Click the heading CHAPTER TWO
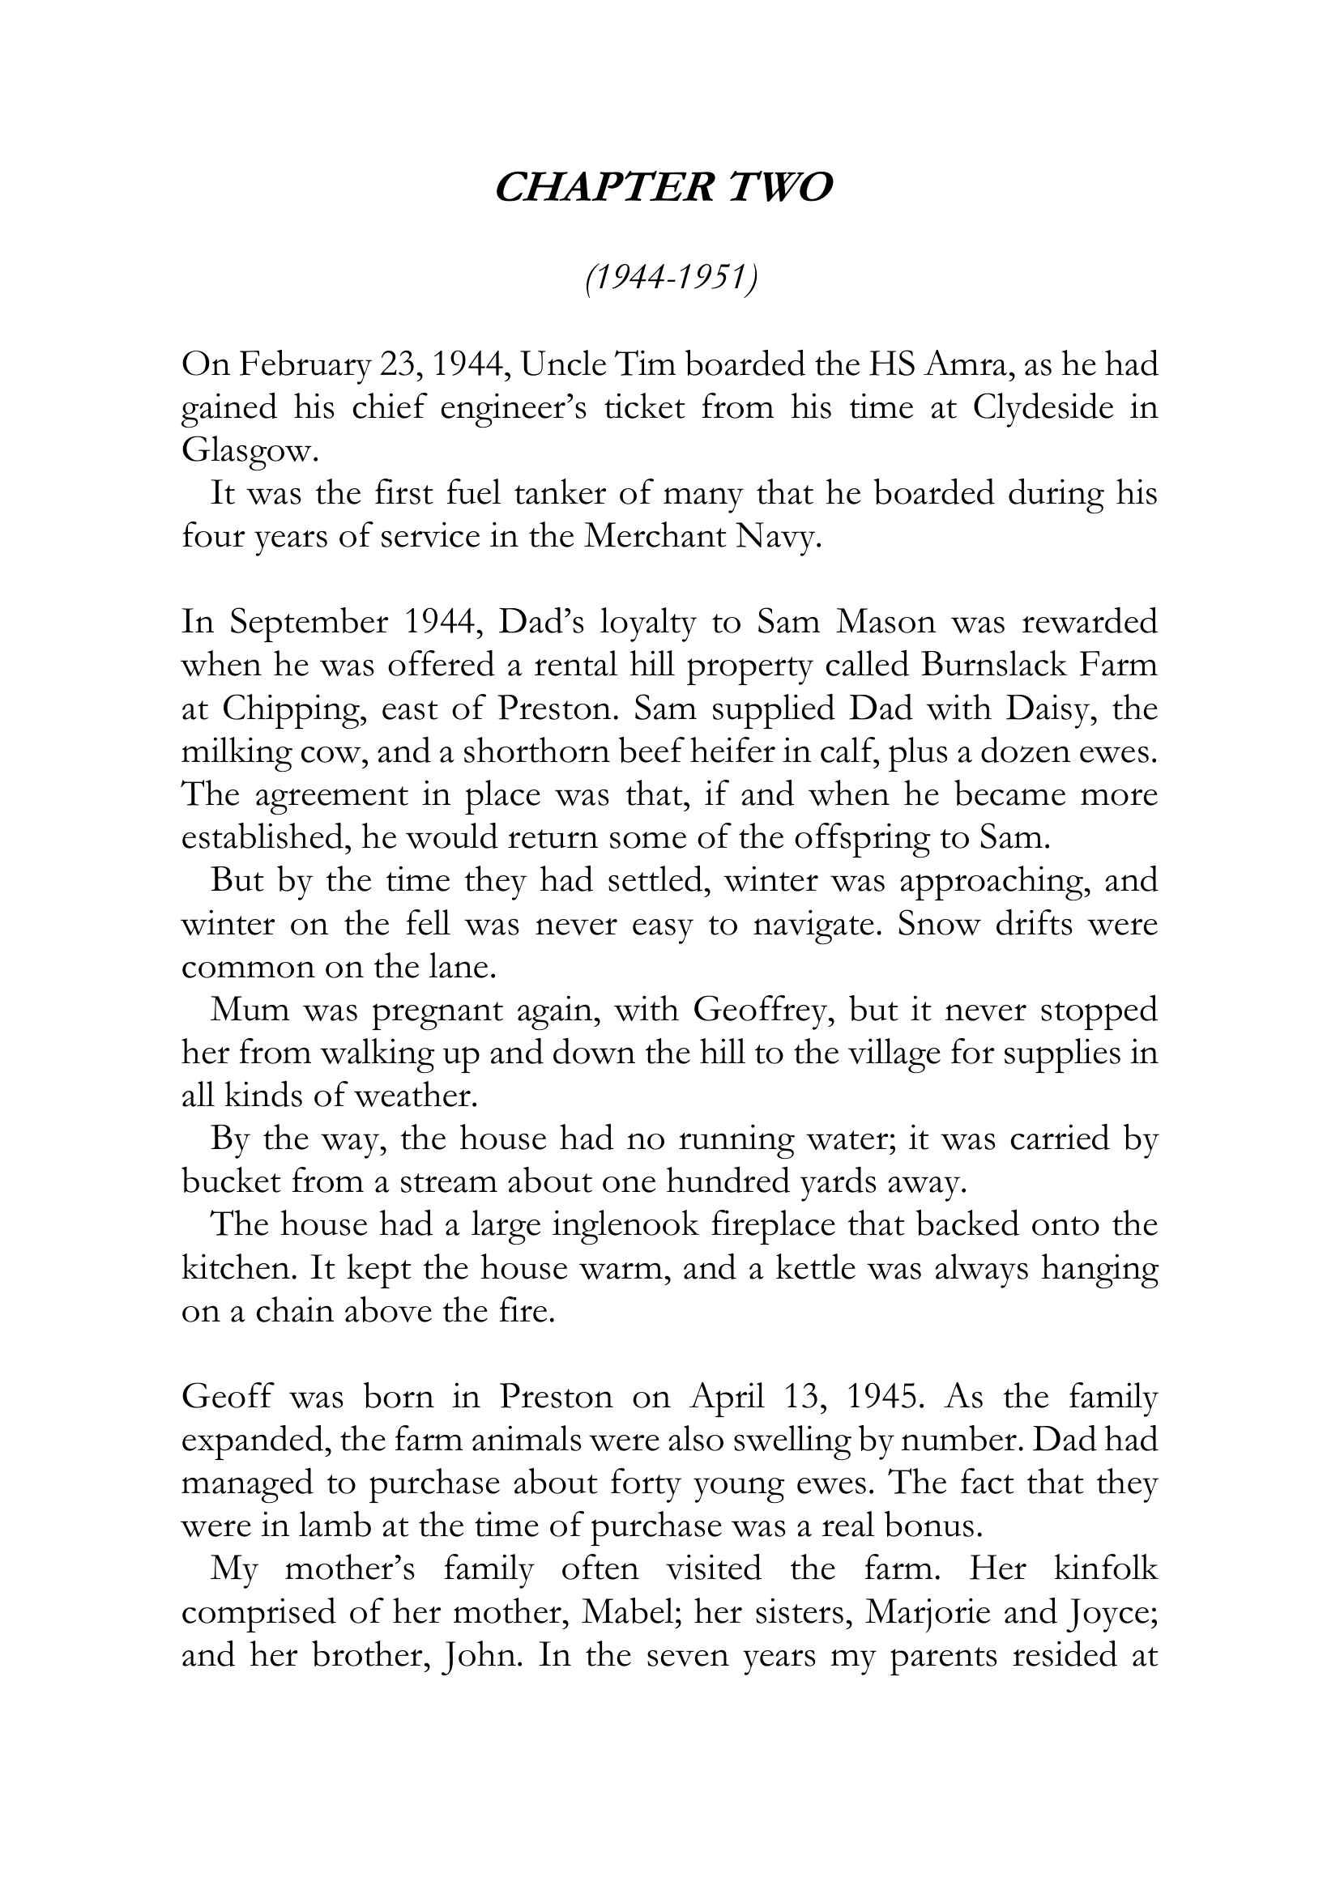pyautogui.click(x=664, y=188)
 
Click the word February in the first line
pyautogui.click(x=305, y=365)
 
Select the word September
pyautogui.click(x=308, y=623)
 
